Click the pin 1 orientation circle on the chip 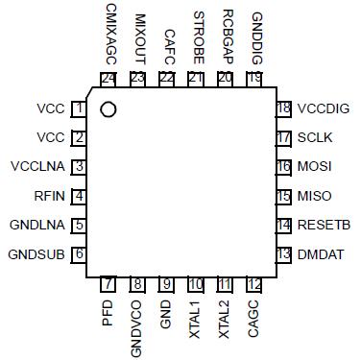[108, 109]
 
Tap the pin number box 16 [283, 167]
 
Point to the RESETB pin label [323, 225]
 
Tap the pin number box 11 [225, 284]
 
